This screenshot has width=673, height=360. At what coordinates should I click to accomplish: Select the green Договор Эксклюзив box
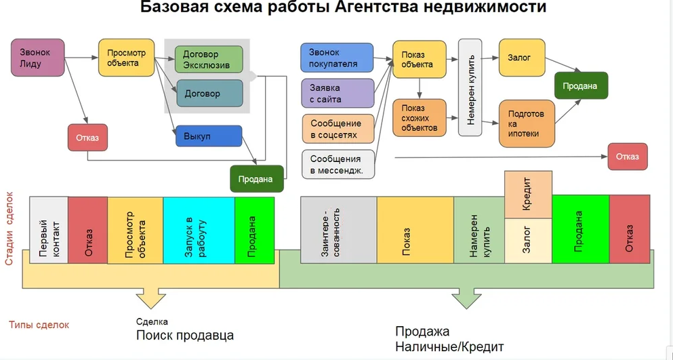point(209,60)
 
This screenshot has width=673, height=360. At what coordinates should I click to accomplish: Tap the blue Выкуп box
point(208,136)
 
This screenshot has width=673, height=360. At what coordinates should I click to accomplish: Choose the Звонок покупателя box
point(337,58)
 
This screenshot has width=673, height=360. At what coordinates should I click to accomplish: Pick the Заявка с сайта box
point(337,94)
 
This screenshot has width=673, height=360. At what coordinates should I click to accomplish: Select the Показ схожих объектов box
point(420,118)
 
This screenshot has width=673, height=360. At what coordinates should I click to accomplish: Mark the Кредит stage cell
point(528,195)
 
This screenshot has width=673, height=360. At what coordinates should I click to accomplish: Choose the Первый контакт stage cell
point(49,231)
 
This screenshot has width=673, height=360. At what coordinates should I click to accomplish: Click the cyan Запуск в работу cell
point(198,231)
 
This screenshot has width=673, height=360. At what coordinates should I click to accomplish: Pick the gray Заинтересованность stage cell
point(338,231)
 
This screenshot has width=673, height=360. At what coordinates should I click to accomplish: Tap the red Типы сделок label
point(39,325)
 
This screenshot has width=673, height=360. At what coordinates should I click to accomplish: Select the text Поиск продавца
point(184,336)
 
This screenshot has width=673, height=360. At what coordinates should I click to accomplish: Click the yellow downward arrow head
point(151,299)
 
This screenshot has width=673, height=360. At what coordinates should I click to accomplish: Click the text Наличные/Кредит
point(449,347)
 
